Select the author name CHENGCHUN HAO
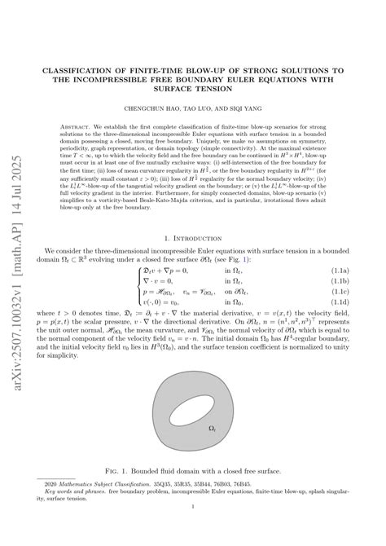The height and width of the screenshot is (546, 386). click(x=152, y=108)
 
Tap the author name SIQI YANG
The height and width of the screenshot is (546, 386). click(x=237, y=108)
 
